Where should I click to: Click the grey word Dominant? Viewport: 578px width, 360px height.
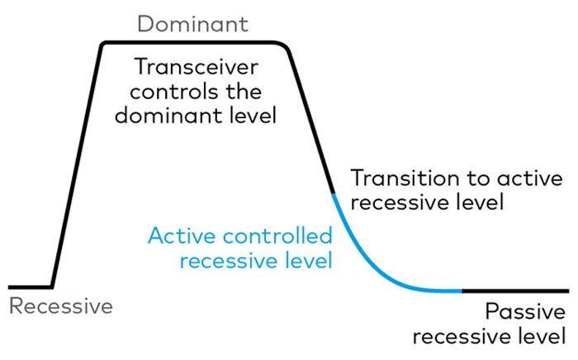(x=192, y=24)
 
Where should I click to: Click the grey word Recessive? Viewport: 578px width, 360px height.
(x=61, y=306)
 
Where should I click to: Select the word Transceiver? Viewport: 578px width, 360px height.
(x=197, y=67)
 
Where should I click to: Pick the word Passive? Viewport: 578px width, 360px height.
(x=525, y=312)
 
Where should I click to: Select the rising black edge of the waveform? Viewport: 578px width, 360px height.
(x=76, y=166)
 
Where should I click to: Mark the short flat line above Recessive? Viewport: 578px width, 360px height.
(x=30, y=287)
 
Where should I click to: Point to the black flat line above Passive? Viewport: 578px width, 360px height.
(x=516, y=291)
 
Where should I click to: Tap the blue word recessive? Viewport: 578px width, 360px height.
(x=229, y=261)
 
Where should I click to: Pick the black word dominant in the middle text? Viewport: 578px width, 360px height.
(x=168, y=116)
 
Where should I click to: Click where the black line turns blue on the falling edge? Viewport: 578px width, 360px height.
(x=334, y=194)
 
